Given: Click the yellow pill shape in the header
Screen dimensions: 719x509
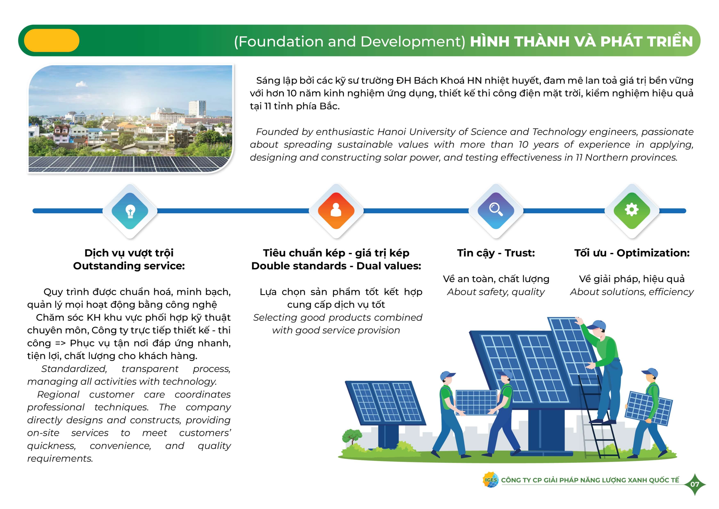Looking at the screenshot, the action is coord(52,40).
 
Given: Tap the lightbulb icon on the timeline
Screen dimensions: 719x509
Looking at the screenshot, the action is coord(130,211).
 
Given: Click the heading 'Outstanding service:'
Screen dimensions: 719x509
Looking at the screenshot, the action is coord(129,266).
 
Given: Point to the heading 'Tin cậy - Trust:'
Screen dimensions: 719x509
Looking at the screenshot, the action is coord(496,253).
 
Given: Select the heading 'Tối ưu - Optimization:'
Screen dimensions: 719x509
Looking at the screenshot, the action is coord(632,253).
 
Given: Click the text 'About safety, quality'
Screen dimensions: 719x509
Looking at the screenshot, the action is coord(496,292).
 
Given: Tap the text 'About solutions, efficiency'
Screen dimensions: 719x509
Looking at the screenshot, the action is coord(632,292).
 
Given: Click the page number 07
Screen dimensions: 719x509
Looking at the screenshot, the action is coord(695,484).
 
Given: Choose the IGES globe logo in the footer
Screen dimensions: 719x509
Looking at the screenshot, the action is coord(490,480).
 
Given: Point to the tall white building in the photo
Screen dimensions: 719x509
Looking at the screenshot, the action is coord(197,109).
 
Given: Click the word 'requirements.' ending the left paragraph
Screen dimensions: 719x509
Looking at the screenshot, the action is coord(60,459).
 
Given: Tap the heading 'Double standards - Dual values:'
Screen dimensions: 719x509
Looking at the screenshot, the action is coord(336,266).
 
